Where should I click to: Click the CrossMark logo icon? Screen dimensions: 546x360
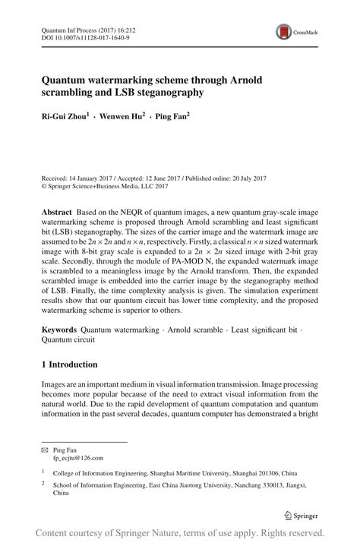[x=285, y=32]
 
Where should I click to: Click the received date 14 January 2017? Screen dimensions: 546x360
[x=92, y=177]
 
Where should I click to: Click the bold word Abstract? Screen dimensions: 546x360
[x=59, y=208]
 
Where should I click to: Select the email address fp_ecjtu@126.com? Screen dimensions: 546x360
[x=78, y=458]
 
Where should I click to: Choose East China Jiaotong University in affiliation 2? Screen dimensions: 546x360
[x=188, y=483]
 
